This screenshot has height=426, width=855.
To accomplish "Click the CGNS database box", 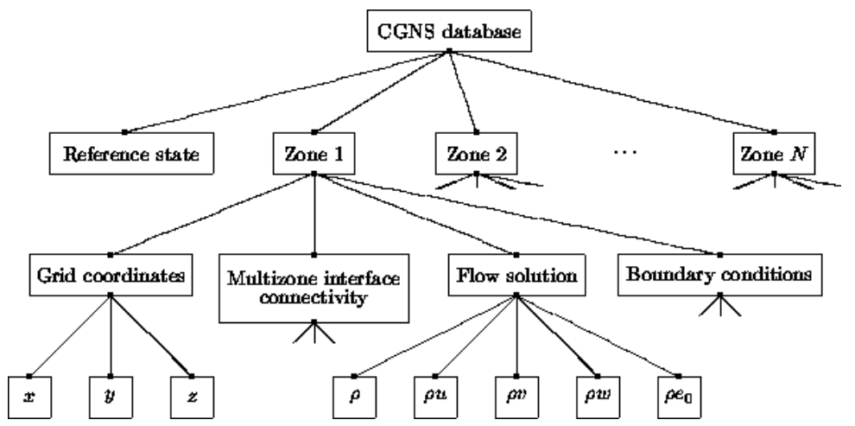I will point(448,35).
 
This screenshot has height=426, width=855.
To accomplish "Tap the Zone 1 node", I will point(313,156).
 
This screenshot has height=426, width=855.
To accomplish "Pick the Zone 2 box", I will point(476,156).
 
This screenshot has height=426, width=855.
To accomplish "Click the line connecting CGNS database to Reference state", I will point(285,92).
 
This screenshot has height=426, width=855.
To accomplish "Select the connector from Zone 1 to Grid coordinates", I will point(212,213).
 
